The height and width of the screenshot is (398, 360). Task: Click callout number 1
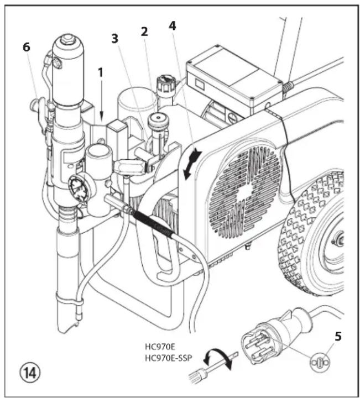coord(100,73)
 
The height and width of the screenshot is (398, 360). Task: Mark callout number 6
coord(26,48)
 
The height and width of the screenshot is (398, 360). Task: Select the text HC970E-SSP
coord(168,357)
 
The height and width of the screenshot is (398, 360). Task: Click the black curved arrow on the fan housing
coord(190,163)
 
